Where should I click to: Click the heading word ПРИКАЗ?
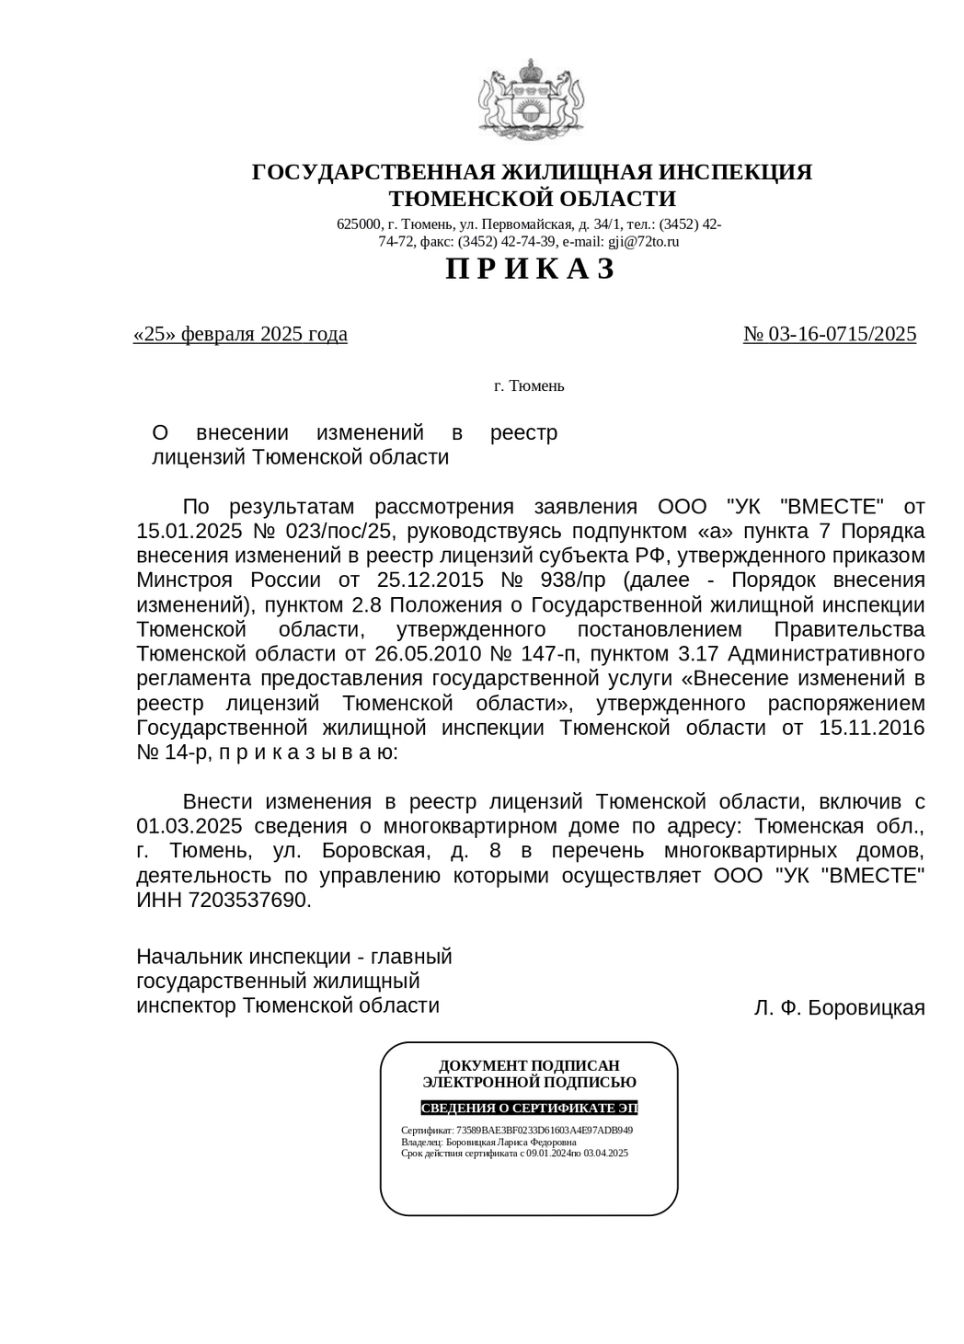click(x=530, y=270)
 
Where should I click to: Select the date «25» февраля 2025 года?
click(x=240, y=334)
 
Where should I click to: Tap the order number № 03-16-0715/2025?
click(x=829, y=334)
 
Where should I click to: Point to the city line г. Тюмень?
click(x=529, y=386)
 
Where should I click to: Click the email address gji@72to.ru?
click(x=643, y=242)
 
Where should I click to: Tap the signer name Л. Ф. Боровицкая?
click(x=839, y=1008)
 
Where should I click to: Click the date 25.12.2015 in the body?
click(x=430, y=580)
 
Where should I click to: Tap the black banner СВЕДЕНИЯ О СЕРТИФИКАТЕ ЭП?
click(x=529, y=1108)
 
